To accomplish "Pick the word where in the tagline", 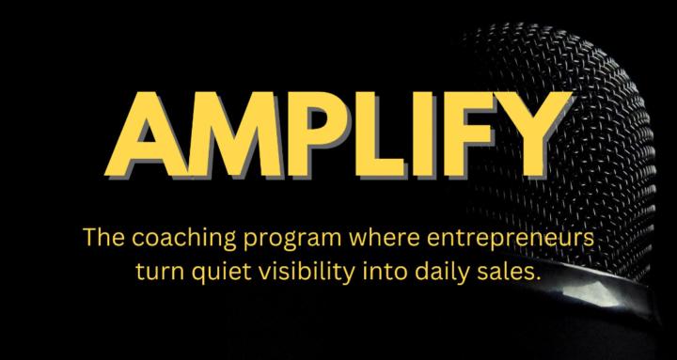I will tap(344, 240).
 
